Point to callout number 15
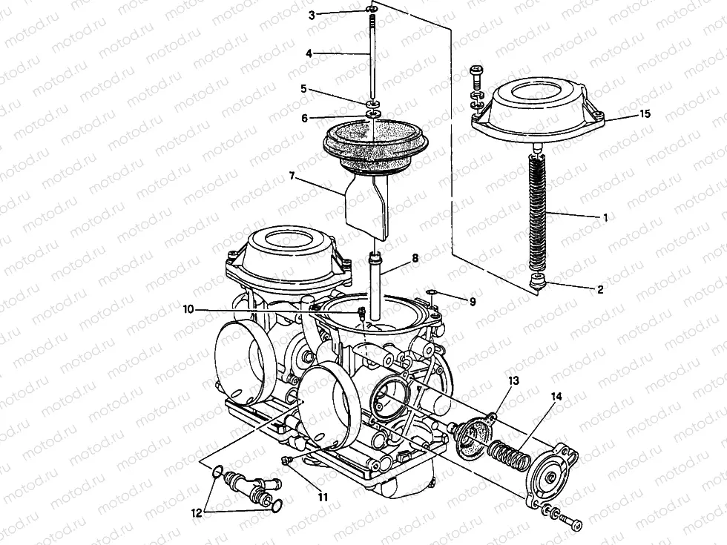point(645,113)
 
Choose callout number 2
point(600,290)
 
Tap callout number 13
point(513,381)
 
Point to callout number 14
point(556,397)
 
